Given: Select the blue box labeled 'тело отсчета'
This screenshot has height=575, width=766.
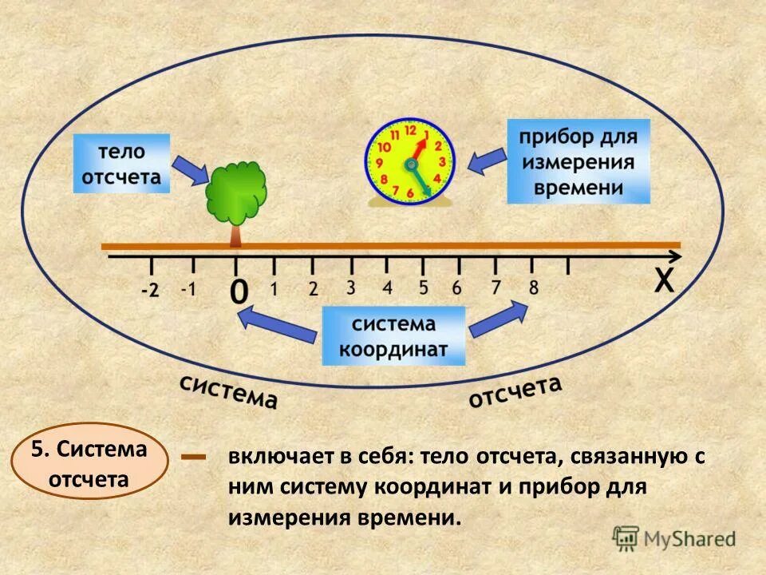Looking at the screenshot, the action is point(122,164).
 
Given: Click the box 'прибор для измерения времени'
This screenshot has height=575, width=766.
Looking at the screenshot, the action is point(578,161).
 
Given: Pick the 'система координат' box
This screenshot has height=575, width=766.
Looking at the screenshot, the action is point(393,336).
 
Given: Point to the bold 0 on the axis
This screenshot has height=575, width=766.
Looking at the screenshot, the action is point(238,291).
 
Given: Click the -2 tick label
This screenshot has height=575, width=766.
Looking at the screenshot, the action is point(149,291).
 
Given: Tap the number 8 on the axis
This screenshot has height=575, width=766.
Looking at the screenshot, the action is point(533,286).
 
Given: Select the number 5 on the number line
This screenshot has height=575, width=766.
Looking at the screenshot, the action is point(423,287).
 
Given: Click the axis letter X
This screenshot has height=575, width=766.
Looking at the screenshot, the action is point(663,282).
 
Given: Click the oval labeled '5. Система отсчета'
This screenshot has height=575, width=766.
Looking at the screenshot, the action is point(89,462).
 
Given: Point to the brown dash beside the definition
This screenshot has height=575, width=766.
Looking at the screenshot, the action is point(194,458).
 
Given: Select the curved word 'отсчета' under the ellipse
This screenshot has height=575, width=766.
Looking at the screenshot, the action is point(515,391).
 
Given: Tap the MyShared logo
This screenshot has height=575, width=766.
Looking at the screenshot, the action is point(674,537).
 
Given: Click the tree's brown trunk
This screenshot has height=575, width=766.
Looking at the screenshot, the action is point(235,233).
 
